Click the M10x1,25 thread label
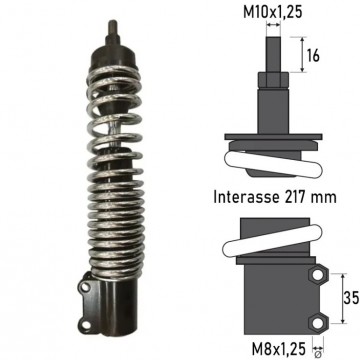click(273, 12)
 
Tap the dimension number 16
click(313, 55)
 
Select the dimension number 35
click(351, 298)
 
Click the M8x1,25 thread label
click(278, 349)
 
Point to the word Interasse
click(246, 197)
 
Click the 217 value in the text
click(296, 197)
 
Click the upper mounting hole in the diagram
click(317, 275)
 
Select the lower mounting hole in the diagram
click(317, 323)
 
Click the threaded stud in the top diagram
click(273, 54)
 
